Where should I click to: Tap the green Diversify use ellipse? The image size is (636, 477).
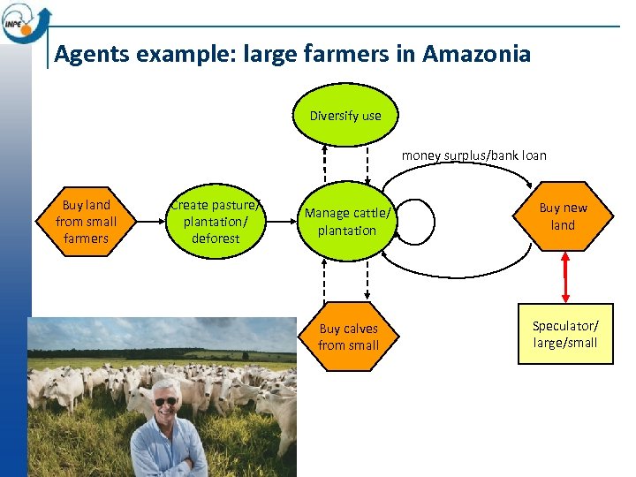345,116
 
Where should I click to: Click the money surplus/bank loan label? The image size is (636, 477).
473,155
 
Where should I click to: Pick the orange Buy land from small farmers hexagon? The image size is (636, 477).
86,222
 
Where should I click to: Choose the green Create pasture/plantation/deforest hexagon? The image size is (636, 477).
216,222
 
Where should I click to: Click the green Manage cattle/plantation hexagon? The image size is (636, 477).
347,222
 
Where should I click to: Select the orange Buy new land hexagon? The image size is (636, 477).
563,216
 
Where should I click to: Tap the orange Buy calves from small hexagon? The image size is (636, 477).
348,337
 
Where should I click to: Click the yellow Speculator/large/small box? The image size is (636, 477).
564,335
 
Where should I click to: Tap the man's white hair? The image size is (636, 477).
165,385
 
